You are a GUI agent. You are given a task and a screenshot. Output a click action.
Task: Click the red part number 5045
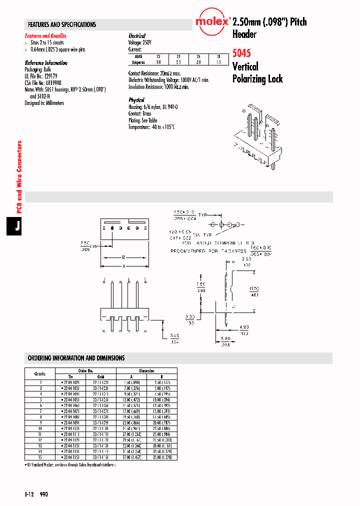point(241,52)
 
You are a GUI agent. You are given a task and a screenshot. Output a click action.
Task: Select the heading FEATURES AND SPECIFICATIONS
point(62,24)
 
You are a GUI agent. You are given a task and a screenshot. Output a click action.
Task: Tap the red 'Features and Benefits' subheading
point(45,36)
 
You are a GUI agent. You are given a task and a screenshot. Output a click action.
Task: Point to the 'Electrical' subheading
point(137,36)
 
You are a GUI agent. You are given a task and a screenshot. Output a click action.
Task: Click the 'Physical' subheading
point(136,100)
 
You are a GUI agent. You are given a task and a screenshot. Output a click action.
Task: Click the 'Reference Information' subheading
point(46,63)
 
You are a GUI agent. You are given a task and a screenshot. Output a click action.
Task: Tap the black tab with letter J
point(17,226)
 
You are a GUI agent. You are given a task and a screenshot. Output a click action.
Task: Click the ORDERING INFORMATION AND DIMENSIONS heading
point(76,358)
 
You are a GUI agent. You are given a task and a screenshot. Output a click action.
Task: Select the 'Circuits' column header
point(40,373)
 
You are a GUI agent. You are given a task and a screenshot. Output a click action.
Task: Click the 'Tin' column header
point(70,376)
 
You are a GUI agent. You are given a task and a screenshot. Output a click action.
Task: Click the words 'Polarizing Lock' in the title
point(257,78)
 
